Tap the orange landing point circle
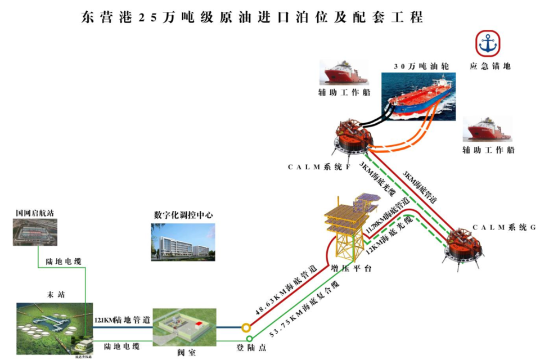tap(245, 327)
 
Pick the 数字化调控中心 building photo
tap(183, 242)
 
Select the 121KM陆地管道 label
tap(123, 321)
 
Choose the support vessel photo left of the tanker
tap(343, 73)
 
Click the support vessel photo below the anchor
tap(487, 130)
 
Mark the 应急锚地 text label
tap(490, 66)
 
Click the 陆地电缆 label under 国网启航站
tap(63, 262)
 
